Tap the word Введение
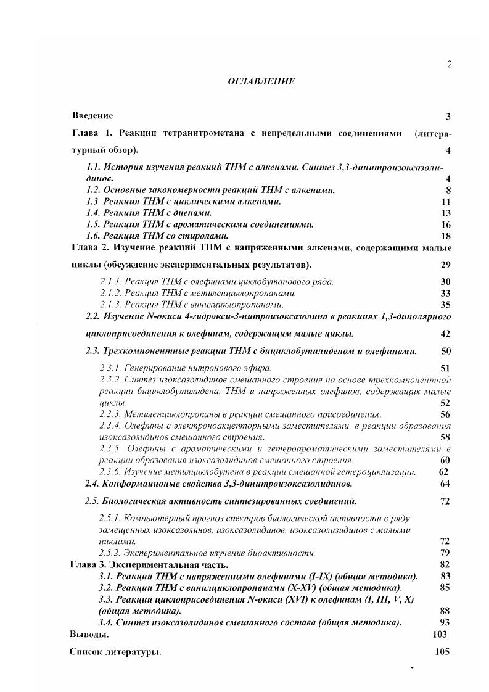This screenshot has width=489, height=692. tap(92, 115)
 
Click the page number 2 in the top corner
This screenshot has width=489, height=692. tap(450, 64)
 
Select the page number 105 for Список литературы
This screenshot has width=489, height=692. tap(442, 651)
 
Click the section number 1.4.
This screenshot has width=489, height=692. tap(94, 213)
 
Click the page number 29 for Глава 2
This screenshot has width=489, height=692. tap(446, 265)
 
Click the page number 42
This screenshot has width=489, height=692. tap(446, 334)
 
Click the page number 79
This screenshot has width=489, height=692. tap(446, 553)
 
